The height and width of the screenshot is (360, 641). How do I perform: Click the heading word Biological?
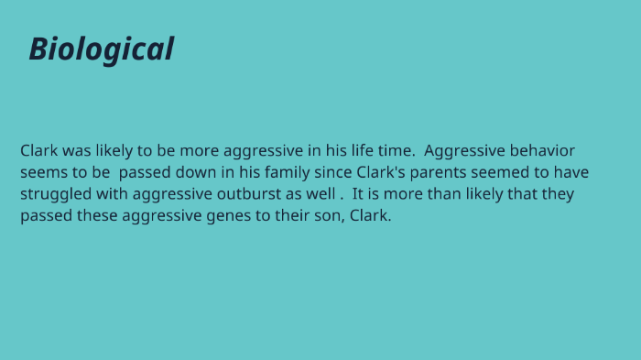click(101, 49)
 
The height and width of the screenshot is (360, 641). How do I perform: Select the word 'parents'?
click(457, 172)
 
